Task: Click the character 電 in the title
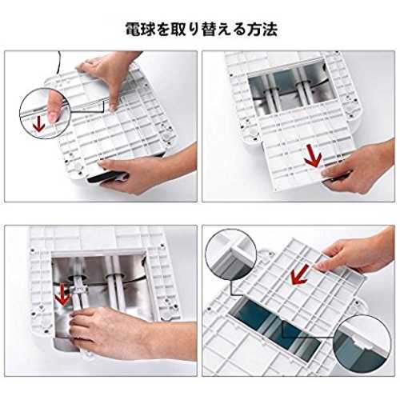(x=134, y=29)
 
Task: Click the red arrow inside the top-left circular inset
(x=39, y=123)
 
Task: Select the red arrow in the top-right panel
(x=313, y=155)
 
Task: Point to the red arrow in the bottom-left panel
(x=62, y=294)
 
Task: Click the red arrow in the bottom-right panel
(x=300, y=274)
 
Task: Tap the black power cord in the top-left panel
(x=58, y=62)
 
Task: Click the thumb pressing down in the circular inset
(x=54, y=106)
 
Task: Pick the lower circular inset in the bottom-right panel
(x=362, y=342)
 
